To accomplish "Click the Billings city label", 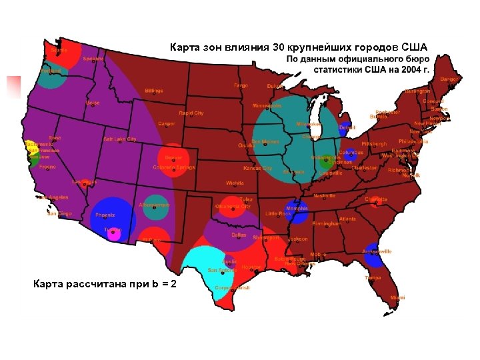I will coord(153,91).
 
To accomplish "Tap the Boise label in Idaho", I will coord(93,103).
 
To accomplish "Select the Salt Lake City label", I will coord(119,139).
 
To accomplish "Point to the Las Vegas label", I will coord(85,181).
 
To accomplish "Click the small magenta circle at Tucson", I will coord(114,233).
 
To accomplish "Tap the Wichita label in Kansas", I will coord(235,182).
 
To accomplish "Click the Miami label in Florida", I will coord(397,297).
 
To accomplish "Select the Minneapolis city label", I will coord(267,106).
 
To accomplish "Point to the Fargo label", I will coord(241,85).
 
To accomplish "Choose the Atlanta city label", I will coord(347,219).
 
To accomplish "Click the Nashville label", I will coord(325,196).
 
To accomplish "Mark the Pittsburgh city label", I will coord(374,144).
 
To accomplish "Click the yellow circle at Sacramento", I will coord(32,145).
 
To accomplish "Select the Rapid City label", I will coord(191,113).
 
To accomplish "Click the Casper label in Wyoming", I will coord(167,123).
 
